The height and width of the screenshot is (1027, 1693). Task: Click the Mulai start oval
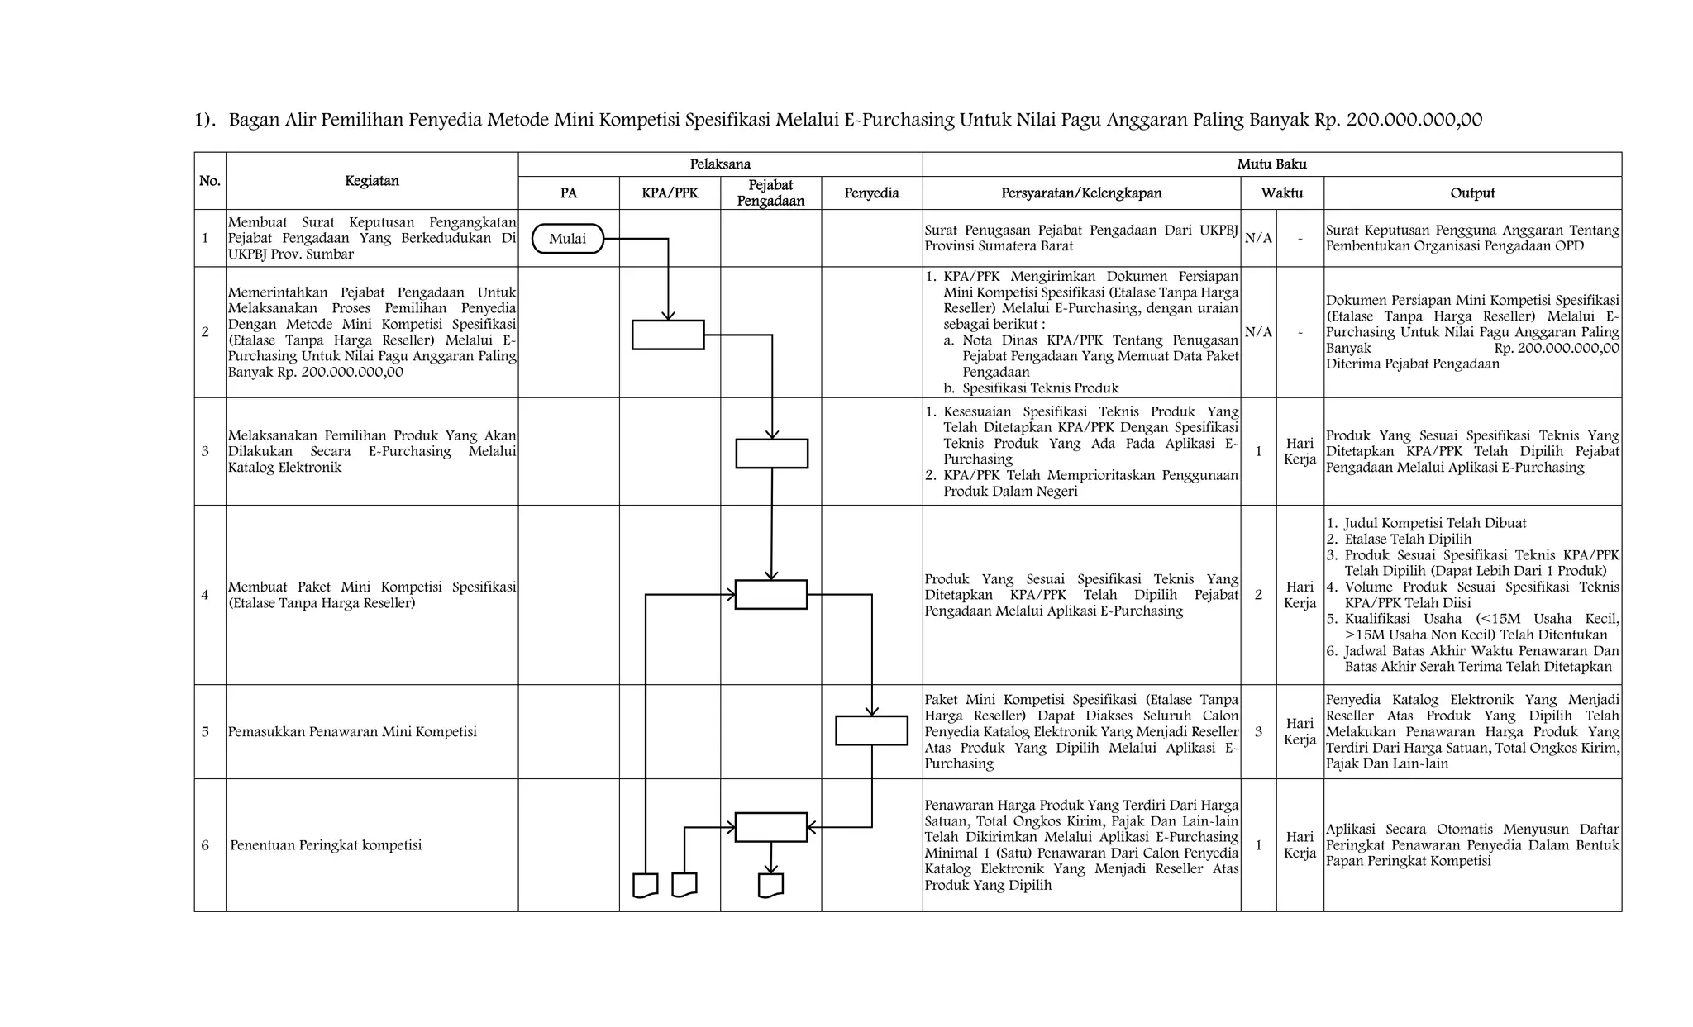point(567,239)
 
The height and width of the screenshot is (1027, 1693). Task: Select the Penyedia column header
point(871,193)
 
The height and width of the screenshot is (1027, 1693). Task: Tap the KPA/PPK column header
point(670,193)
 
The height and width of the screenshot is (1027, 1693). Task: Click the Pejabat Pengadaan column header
point(770,193)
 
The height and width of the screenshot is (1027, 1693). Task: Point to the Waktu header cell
point(1281,193)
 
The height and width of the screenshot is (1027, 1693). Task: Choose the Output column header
point(1472,193)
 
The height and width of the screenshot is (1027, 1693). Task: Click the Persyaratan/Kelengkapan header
point(1081,193)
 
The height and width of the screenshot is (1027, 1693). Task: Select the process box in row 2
point(668,335)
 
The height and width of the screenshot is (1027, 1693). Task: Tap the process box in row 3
point(771,454)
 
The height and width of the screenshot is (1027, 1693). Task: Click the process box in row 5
point(871,730)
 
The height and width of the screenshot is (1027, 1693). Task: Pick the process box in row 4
point(770,595)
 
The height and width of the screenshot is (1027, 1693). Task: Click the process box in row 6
point(770,827)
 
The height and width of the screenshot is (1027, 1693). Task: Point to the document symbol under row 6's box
point(770,885)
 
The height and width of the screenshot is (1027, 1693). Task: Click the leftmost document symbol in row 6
point(645,885)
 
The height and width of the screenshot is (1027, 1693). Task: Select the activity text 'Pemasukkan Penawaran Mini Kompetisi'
point(352,732)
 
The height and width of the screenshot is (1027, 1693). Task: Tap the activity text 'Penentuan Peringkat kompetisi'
point(326,845)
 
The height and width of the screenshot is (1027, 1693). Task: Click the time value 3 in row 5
point(1258,731)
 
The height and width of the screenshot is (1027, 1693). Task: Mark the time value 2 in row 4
point(1258,595)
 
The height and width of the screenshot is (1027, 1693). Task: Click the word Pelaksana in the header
point(720,164)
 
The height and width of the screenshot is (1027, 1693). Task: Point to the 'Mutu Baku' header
point(1271,164)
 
